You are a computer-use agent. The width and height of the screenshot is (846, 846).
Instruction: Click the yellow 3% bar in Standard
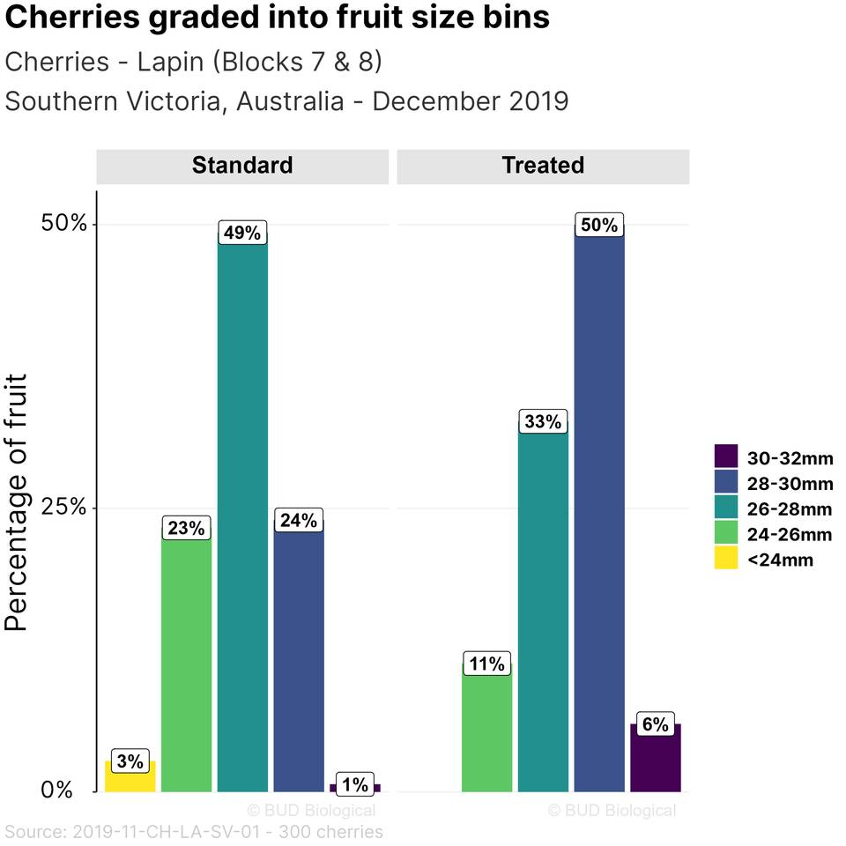coord(130,777)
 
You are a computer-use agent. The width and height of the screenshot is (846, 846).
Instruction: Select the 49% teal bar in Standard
coord(242,520)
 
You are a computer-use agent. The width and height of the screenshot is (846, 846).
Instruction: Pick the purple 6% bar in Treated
coord(656,760)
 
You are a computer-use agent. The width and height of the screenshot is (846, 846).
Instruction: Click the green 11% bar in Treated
coord(486,731)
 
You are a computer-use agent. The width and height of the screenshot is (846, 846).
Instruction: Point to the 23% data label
coord(187,529)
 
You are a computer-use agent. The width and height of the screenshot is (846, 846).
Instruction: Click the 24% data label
coord(299,521)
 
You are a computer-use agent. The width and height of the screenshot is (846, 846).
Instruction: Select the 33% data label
coord(543,422)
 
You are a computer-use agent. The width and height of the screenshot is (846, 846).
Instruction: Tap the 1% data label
coord(355,783)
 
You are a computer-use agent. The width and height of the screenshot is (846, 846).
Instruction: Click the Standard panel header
coord(242,166)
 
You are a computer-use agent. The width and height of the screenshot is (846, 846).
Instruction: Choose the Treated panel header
coord(543,166)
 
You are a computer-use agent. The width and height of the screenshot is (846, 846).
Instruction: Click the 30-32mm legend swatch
coord(725,456)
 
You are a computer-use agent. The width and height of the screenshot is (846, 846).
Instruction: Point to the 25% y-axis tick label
coord(65,508)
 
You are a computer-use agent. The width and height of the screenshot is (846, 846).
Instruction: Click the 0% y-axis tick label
coord(58,790)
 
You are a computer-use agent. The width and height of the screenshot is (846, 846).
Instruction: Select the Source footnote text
coord(194,831)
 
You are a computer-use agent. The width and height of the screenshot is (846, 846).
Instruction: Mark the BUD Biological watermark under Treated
coord(612,810)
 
